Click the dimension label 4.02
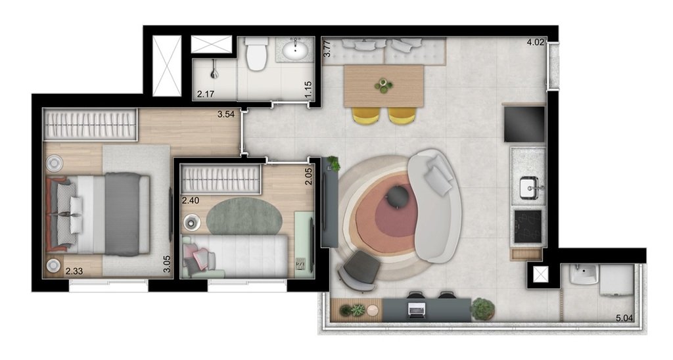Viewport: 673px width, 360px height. [x=536, y=44]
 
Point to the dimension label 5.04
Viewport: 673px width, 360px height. [x=624, y=319]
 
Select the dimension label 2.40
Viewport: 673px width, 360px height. [x=190, y=200]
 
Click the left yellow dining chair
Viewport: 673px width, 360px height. [x=366, y=115]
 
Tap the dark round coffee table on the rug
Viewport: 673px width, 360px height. [x=398, y=196]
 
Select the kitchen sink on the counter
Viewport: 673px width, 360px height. [x=529, y=187]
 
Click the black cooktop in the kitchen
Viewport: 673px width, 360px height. [x=527, y=225]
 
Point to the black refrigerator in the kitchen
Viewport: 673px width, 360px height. [x=524, y=124]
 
